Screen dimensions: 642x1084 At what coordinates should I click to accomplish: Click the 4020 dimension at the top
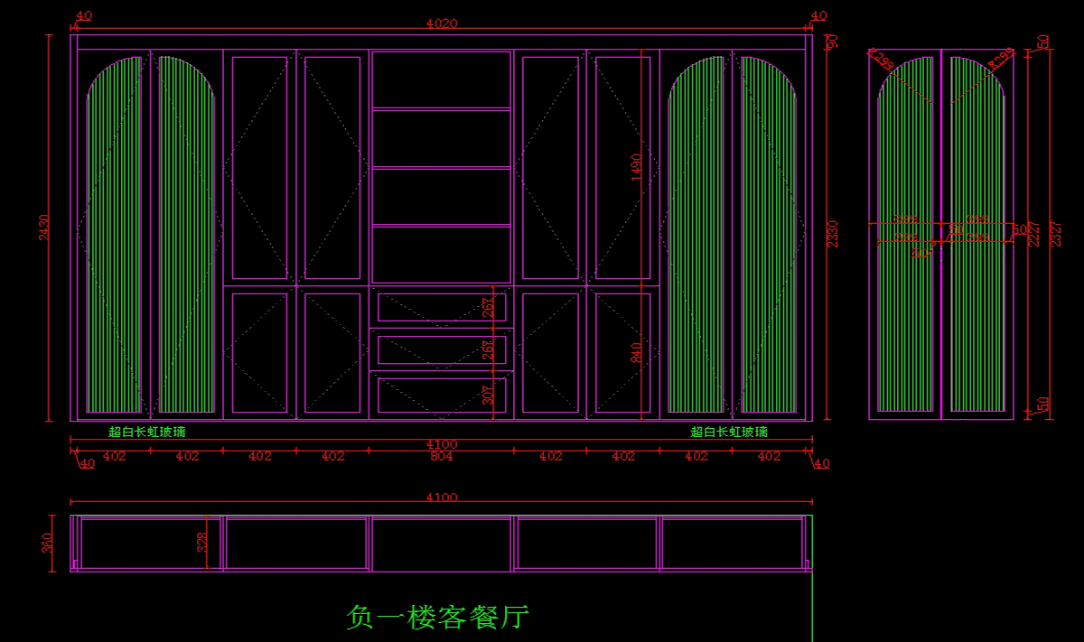[441, 24]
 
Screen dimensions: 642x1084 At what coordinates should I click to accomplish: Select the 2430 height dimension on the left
[43, 228]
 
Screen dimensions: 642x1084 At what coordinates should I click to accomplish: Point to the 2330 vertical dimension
[832, 233]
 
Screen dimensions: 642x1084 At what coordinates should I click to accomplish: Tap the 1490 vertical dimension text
[636, 167]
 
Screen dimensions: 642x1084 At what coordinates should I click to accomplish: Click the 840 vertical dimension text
[636, 352]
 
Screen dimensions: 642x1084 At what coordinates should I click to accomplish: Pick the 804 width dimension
[441, 457]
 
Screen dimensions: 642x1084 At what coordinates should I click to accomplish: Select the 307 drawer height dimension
[488, 395]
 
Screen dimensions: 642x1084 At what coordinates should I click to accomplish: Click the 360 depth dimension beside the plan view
[48, 543]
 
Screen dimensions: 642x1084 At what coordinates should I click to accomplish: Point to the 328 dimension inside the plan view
[202, 542]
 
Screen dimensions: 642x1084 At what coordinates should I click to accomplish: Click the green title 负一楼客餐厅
[437, 618]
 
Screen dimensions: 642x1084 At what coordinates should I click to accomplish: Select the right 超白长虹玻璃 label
[729, 433]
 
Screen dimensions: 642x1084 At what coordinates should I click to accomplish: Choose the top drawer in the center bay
[441, 307]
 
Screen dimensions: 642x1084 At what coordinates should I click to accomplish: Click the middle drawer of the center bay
[441, 349]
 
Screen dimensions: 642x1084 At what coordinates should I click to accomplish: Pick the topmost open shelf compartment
[441, 79]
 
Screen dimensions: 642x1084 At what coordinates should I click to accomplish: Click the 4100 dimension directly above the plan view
[441, 498]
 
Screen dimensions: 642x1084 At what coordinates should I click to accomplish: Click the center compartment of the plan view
[441, 544]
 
